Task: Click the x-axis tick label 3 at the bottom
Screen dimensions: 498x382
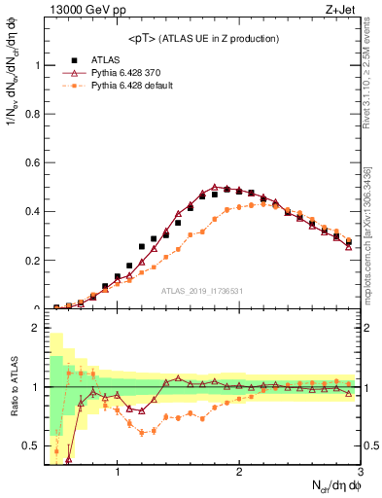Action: click(359, 473)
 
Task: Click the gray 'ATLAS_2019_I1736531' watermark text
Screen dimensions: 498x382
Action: click(202, 292)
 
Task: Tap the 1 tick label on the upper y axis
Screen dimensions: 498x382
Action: click(35, 65)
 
